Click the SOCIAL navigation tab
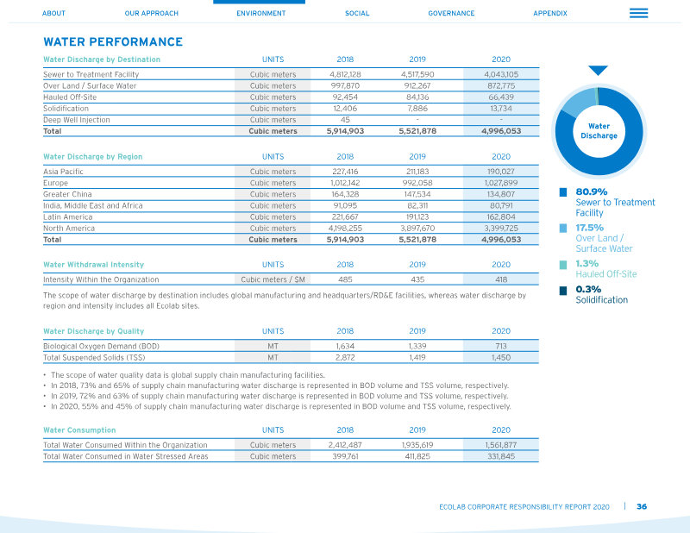click(357, 13)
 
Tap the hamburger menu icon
click(638, 13)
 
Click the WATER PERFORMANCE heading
click(113, 41)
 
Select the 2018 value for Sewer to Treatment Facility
click(345, 74)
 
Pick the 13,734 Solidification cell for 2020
click(501, 109)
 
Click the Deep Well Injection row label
click(77, 120)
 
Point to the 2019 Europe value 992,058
click(417, 183)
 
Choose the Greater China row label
click(67, 194)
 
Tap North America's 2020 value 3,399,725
click(501, 228)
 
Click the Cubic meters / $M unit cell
click(273, 279)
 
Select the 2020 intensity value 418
click(501, 279)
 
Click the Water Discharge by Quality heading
click(93, 331)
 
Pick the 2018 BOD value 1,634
click(345, 347)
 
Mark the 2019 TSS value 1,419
click(417, 357)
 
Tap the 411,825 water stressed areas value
click(417, 456)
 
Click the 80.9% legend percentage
click(592, 192)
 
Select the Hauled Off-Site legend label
click(606, 273)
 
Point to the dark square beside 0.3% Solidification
click(563, 291)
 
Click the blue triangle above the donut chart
click(598, 71)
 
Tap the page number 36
click(642, 506)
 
